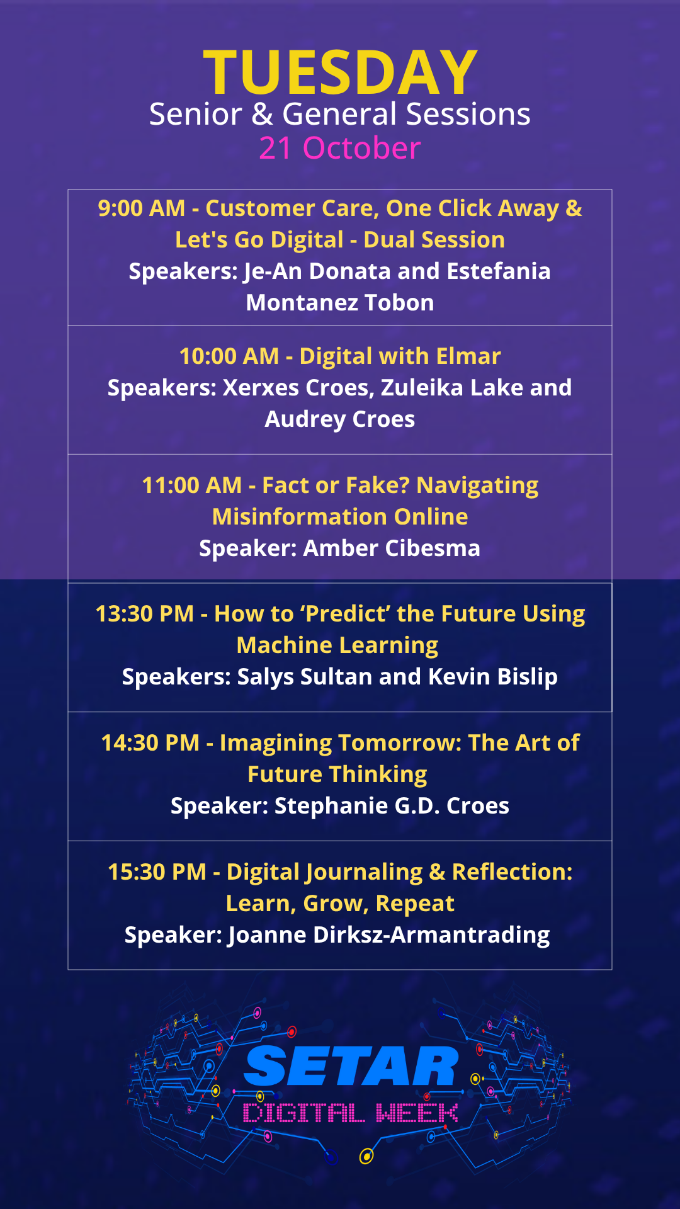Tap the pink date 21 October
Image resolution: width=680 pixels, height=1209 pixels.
pyautogui.click(x=340, y=149)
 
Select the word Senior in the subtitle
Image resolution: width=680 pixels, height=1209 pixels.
pyautogui.click(x=196, y=115)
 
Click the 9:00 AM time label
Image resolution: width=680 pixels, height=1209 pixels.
pyautogui.click(x=142, y=208)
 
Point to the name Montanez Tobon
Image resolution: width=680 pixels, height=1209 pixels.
pyautogui.click(x=340, y=303)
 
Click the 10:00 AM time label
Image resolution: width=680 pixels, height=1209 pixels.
pyautogui.click(x=229, y=356)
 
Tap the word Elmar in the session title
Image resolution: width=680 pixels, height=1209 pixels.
pyautogui.click(x=468, y=356)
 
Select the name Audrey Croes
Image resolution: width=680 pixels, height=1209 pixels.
pyautogui.click(x=340, y=419)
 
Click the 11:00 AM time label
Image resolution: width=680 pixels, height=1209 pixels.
pyautogui.click(x=192, y=485)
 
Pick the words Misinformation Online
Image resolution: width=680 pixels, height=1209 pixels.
pyautogui.click(x=340, y=517)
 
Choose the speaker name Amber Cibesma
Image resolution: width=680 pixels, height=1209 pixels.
pyautogui.click(x=392, y=548)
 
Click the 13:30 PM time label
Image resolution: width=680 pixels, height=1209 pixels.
pyautogui.click(x=145, y=614)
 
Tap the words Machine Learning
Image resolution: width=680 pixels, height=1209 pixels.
pyautogui.click(x=337, y=645)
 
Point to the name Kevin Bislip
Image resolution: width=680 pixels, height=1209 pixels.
pyautogui.click(x=493, y=677)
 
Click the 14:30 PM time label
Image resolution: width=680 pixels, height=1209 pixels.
pyautogui.click(x=150, y=743)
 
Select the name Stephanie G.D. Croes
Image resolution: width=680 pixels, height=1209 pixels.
pyautogui.click(x=392, y=806)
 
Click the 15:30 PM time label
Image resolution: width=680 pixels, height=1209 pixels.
pyautogui.click(x=157, y=872)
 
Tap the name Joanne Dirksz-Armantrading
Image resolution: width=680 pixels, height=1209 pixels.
pyautogui.click(x=389, y=935)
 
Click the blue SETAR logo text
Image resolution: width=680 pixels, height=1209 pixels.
pyautogui.click(x=351, y=1066)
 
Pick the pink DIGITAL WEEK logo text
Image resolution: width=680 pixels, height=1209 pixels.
pyautogui.click(x=351, y=1113)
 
